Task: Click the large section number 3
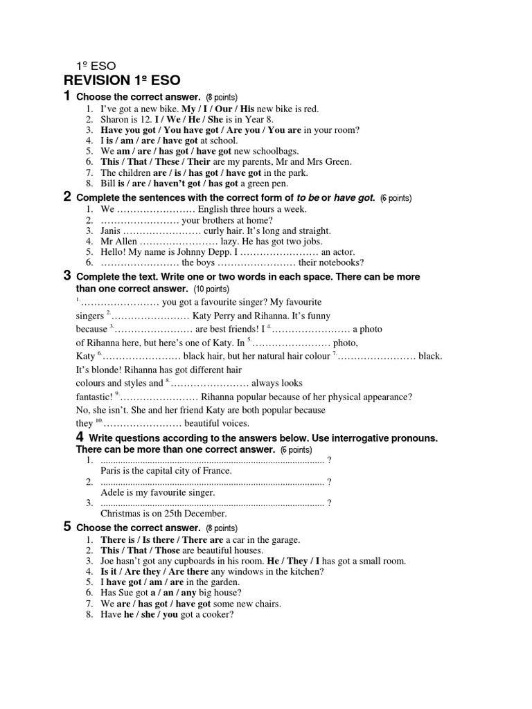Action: [67, 276]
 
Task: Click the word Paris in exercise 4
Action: [112, 471]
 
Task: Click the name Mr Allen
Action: [118, 242]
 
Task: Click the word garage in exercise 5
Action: [283, 539]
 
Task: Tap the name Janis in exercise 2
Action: [111, 231]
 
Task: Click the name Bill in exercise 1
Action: [108, 183]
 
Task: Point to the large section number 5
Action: [67, 526]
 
